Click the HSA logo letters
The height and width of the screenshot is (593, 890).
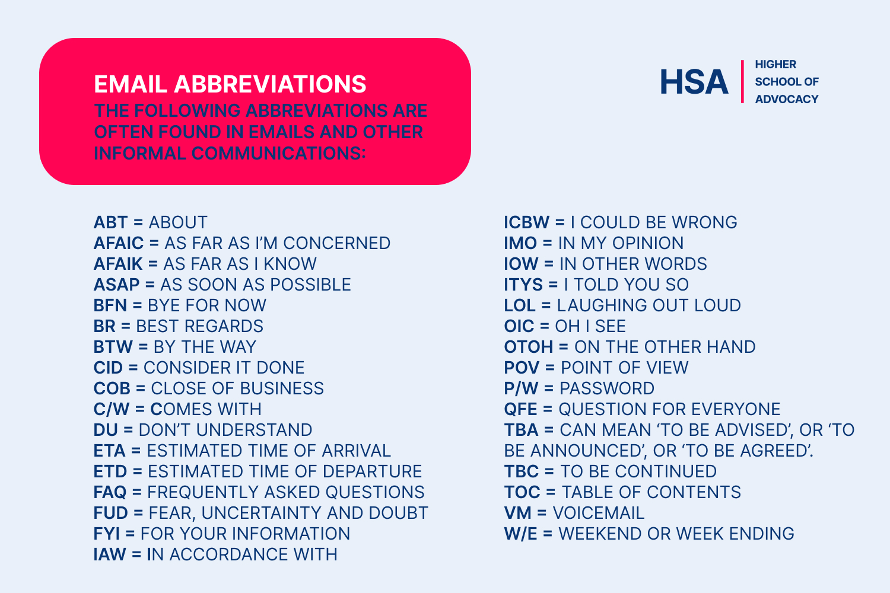pyautogui.click(x=694, y=82)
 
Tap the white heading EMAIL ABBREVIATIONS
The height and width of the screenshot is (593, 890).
pyautogui.click(x=230, y=84)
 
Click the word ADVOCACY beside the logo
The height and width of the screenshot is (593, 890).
pyautogui.click(x=787, y=99)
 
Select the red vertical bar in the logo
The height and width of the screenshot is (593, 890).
pyautogui.click(x=742, y=81)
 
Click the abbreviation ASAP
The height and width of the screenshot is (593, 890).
pyautogui.click(x=116, y=285)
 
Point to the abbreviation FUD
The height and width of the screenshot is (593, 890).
pyautogui.click(x=111, y=513)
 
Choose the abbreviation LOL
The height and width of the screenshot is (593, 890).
pyautogui.click(x=520, y=305)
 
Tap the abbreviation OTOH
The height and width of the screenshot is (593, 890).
pyautogui.click(x=529, y=347)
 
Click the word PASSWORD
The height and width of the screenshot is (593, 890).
pyautogui.click(x=607, y=388)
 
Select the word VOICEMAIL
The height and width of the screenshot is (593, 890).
pyautogui.click(x=599, y=513)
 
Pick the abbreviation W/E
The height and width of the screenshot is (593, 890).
pyautogui.click(x=520, y=534)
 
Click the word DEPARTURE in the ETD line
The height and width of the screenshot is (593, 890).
pyautogui.click(x=372, y=471)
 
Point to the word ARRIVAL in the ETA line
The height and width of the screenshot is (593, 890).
pyautogui.click(x=357, y=451)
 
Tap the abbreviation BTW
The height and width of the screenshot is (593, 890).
pyautogui.click(x=113, y=347)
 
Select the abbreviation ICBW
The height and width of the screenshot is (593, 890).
pyautogui.click(x=527, y=222)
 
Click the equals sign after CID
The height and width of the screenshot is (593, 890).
pyautogui.click(x=133, y=368)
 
